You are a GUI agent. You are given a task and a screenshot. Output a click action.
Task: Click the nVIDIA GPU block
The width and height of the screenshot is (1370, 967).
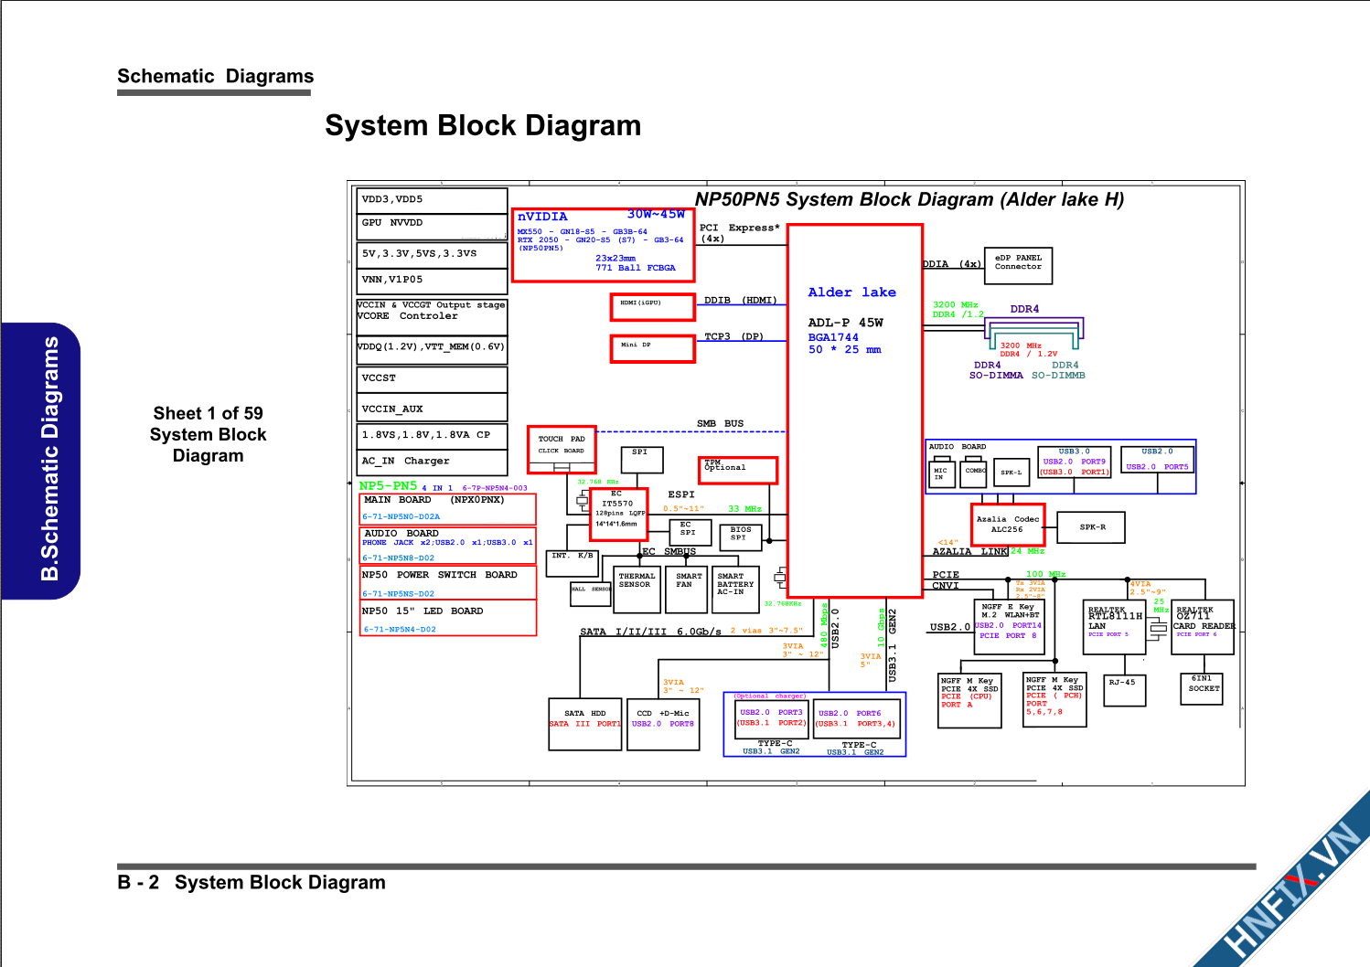(x=603, y=245)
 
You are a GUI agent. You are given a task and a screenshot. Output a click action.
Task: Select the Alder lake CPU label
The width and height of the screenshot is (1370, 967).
(x=851, y=292)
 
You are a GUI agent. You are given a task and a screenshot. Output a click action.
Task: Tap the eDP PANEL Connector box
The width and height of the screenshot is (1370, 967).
(x=1018, y=265)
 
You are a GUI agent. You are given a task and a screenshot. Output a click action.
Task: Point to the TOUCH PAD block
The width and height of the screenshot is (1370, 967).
(x=562, y=449)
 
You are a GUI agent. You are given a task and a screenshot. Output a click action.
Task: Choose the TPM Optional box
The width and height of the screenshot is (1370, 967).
(x=738, y=470)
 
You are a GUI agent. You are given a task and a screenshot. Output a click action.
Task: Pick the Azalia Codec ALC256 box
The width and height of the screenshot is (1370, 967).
(x=1008, y=525)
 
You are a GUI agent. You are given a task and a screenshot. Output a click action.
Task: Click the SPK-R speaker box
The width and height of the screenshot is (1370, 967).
(x=1091, y=527)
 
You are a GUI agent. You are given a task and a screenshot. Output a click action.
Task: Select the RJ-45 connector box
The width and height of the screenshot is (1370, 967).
(x=1122, y=689)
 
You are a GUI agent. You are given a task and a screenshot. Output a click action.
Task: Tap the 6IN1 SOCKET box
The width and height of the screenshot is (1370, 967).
(x=1204, y=688)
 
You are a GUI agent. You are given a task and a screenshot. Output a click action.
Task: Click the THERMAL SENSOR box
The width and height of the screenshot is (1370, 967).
(x=637, y=590)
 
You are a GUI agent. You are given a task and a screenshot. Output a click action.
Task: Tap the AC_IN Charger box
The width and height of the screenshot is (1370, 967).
(x=432, y=462)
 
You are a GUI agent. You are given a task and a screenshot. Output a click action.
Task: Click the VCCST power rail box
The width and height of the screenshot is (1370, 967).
(x=432, y=378)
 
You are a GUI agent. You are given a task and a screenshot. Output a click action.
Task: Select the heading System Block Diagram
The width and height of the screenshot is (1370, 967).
(x=483, y=125)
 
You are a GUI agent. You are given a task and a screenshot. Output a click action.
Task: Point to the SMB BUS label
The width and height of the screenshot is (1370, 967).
(x=720, y=423)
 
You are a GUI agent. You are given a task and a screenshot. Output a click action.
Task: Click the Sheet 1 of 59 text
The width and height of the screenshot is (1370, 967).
(x=208, y=413)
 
